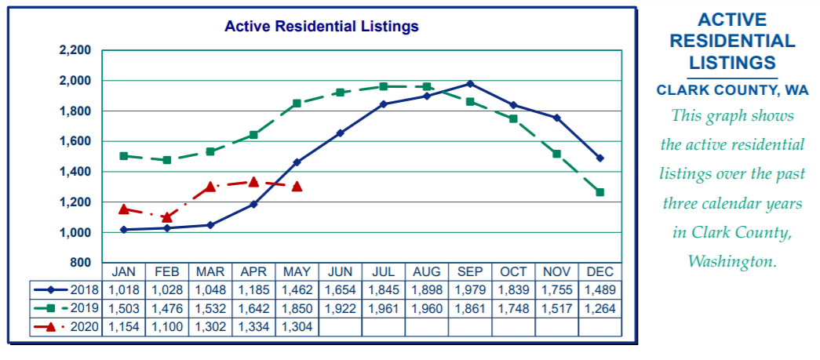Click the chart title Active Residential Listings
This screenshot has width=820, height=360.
click(x=321, y=27)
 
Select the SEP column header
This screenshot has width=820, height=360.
click(x=469, y=272)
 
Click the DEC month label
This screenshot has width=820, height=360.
click(x=600, y=272)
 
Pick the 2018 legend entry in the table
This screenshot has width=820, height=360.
click(x=67, y=290)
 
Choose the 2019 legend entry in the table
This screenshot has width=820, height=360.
click(x=67, y=308)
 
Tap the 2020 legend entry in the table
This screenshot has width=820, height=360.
click(x=67, y=326)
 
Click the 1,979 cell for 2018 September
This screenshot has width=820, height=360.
click(x=469, y=290)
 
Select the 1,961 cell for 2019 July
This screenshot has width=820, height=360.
click(x=384, y=308)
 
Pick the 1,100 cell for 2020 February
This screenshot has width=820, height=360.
click(x=167, y=326)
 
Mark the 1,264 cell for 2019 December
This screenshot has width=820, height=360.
click(x=600, y=308)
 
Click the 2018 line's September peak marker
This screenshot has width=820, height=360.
click(x=469, y=84)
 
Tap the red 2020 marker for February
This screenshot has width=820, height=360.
click(x=167, y=217)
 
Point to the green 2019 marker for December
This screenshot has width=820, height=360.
click(x=600, y=192)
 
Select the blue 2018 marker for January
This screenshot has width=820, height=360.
click(x=124, y=229)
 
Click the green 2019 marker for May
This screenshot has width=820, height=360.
click(x=297, y=103)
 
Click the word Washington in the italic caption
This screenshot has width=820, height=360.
click(x=731, y=261)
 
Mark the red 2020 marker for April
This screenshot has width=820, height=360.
click(x=253, y=182)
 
